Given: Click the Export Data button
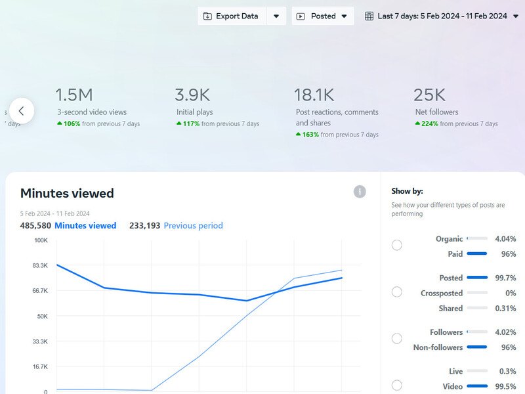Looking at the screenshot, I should [x=231, y=16].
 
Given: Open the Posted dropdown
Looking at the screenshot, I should [x=322, y=16].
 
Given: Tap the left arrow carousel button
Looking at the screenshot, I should [x=22, y=111].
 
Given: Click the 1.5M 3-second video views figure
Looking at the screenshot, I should [x=74, y=95].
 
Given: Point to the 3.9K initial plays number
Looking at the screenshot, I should [x=192, y=95].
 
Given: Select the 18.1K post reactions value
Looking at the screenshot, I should [x=314, y=95].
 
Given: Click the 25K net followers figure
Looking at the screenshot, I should [x=430, y=95].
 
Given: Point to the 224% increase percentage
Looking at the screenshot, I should [x=429, y=123].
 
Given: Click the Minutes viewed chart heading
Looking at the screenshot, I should [x=67, y=193].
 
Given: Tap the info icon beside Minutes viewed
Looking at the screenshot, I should [x=360, y=192].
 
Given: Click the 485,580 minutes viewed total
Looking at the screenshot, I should [x=35, y=225].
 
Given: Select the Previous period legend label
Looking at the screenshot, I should [x=193, y=225].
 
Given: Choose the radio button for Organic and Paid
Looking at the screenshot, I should [x=397, y=245].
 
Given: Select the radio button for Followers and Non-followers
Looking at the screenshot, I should [x=397, y=339].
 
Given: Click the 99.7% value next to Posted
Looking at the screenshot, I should [x=505, y=278].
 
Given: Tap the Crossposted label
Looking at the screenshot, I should [x=441, y=294].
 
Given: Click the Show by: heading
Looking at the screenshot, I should [x=407, y=191].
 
